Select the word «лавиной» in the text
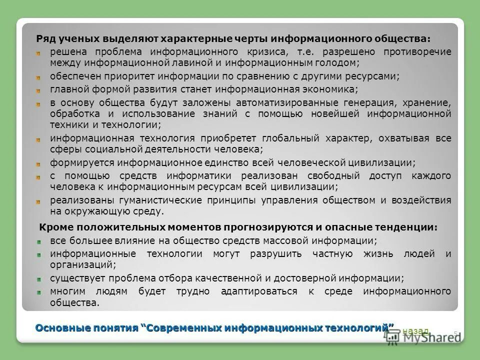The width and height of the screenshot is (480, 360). (188, 63)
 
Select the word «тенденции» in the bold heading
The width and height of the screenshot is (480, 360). (411, 227)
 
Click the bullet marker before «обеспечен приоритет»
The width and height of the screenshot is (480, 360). (37, 77)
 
